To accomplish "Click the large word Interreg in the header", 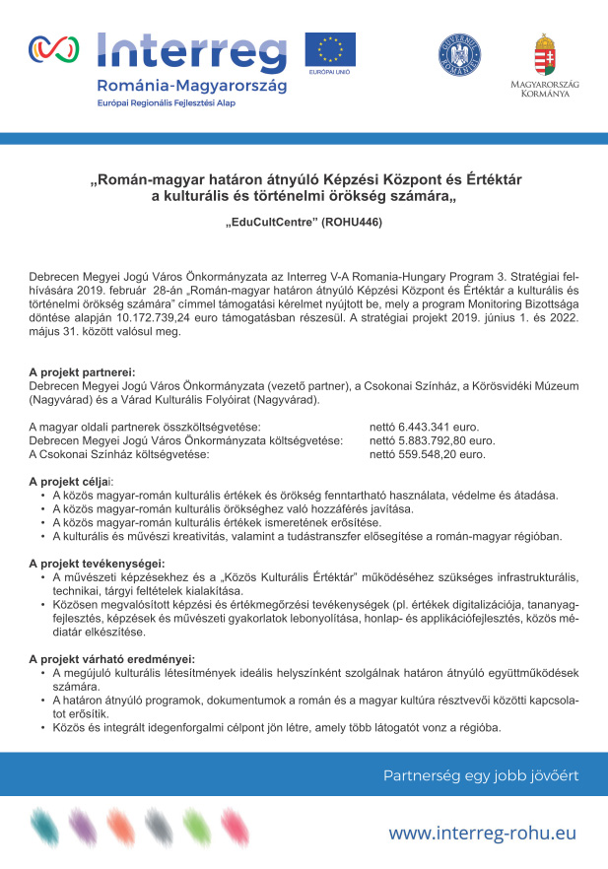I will click(x=193, y=49).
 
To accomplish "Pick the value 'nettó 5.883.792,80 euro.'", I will click(x=432, y=441).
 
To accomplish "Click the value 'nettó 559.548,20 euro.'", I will click(x=427, y=455).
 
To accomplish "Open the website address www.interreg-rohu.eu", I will click(x=482, y=834).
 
